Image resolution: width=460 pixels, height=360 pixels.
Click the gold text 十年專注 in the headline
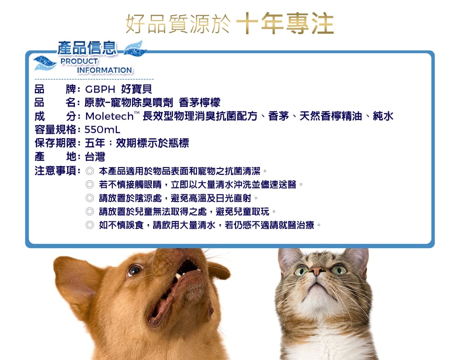coord(285,23)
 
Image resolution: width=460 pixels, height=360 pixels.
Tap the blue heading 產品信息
coord(87,48)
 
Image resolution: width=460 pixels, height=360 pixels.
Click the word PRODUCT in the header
coord(79,61)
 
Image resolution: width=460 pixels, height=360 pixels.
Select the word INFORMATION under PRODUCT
coord(104,70)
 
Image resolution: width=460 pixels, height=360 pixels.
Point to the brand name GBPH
coord(100,89)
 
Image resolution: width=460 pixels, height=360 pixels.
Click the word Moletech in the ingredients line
coord(109,116)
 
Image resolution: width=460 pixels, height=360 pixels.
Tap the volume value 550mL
coord(103,129)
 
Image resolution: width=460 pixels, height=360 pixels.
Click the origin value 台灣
coord(95,157)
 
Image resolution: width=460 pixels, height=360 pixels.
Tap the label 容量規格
coord(56,129)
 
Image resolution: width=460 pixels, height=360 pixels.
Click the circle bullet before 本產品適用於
coord(90,171)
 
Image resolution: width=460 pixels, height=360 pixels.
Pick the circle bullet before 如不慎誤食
coord(90,225)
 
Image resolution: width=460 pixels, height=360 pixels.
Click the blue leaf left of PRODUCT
coord(45,63)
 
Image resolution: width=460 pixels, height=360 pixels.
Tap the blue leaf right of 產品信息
coord(135,49)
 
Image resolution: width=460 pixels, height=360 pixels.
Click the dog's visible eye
coord(134,270)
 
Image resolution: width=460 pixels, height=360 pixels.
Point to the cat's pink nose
coord(317,270)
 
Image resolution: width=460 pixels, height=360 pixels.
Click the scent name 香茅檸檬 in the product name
coord(200,103)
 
